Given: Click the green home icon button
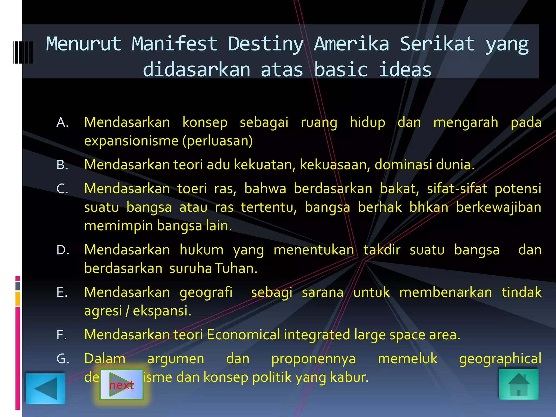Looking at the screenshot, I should point(519,384).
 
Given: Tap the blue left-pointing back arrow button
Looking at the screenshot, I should point(45,388).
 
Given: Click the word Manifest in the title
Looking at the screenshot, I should point(175,44).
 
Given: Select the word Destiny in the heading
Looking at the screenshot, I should point(266,44).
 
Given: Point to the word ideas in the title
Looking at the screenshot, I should point(405,70).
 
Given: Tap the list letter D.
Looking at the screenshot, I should point(63,250).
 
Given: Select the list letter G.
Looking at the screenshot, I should point(63,359).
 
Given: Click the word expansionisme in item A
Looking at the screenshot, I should point(131,141).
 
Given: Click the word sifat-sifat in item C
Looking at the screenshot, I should point(457,189).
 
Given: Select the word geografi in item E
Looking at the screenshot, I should point(206,292).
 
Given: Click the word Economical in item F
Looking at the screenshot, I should point(243,335).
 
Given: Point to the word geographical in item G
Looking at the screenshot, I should point(500,359).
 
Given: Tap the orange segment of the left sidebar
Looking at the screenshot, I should point(18,299).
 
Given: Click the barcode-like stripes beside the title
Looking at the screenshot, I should point(23,52).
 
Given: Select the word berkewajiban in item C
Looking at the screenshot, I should point(498,207).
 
